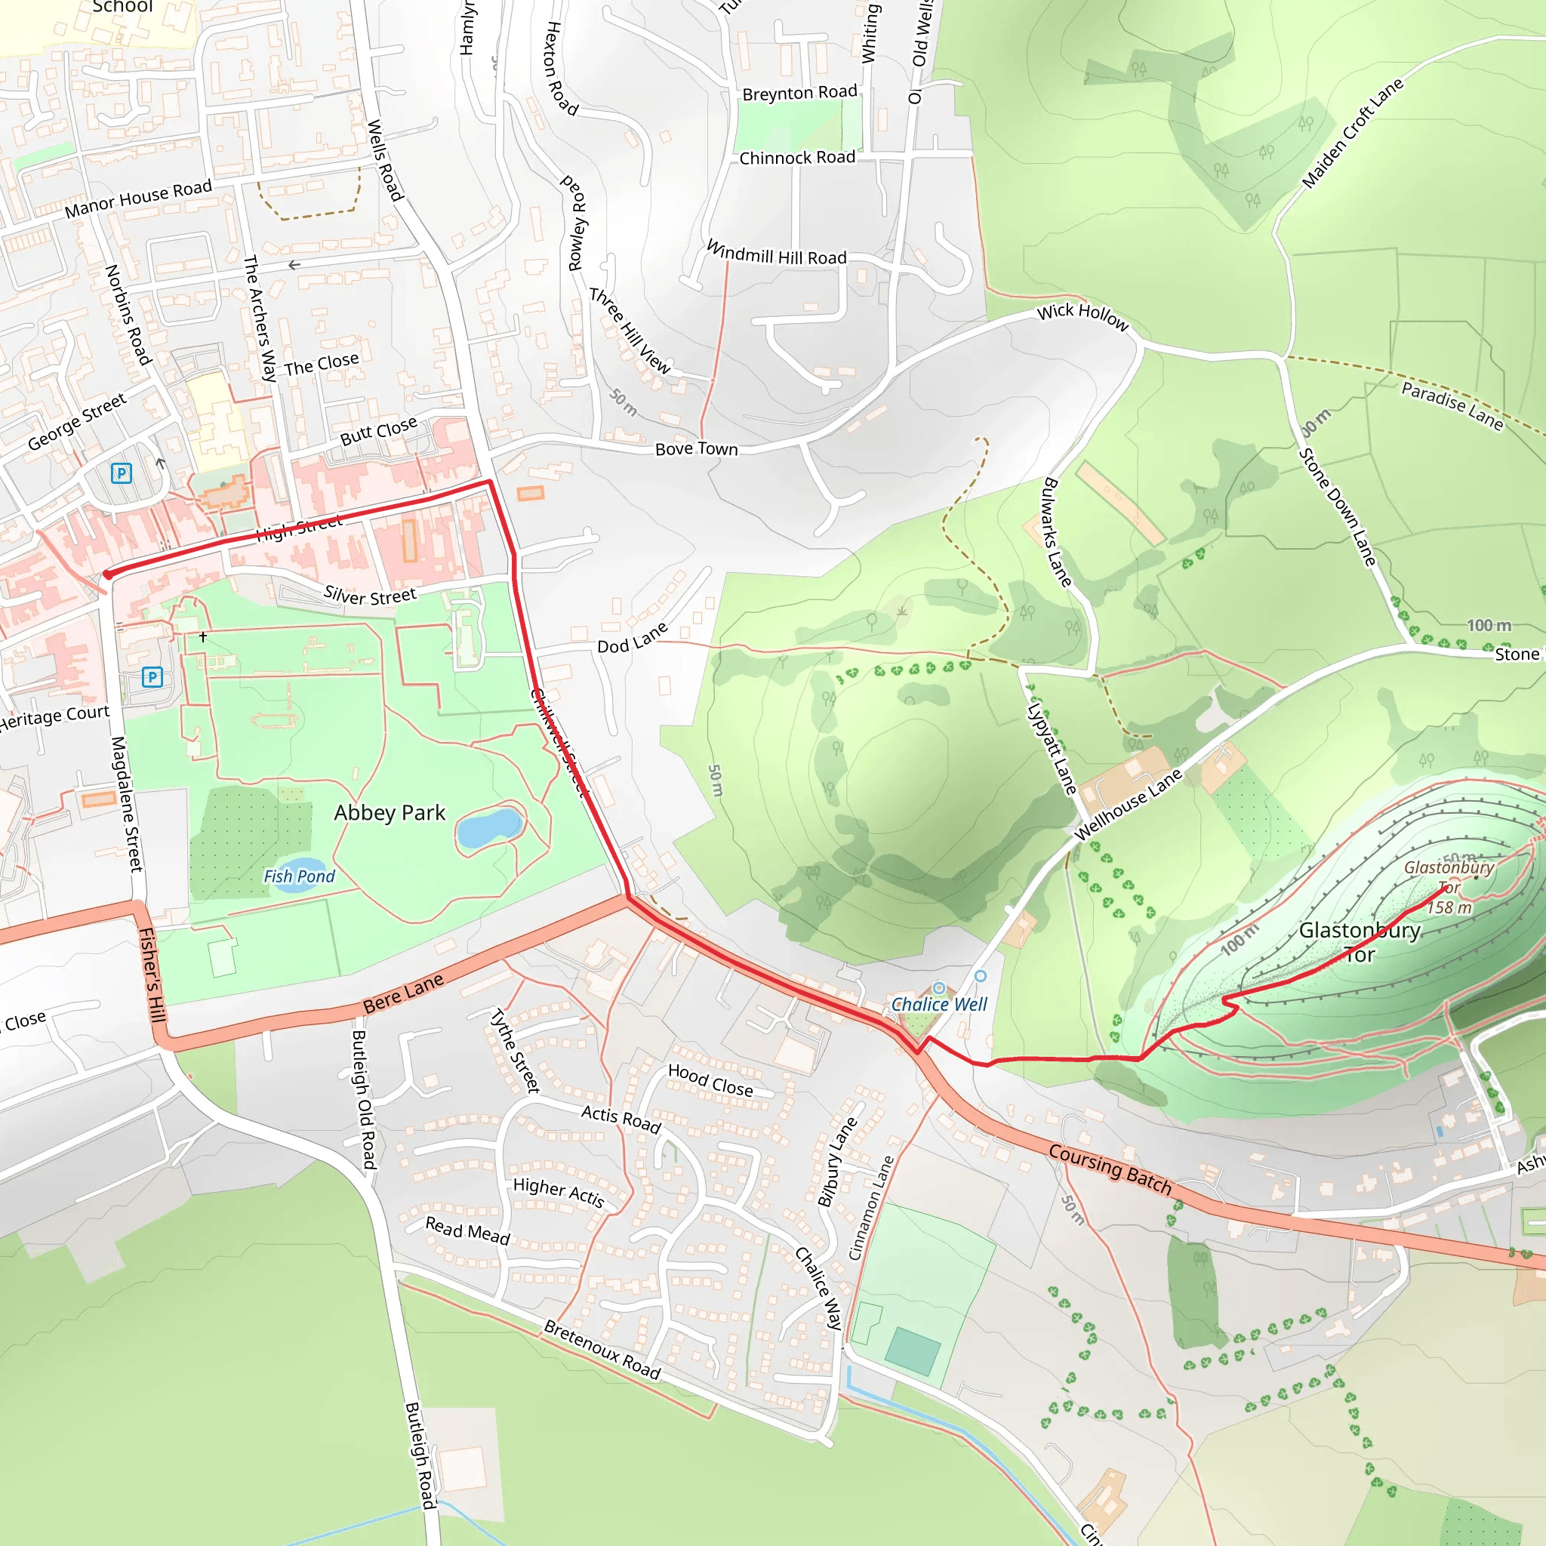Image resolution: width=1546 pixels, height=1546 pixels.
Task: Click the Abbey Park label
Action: [389, 813]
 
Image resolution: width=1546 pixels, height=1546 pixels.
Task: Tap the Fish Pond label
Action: [299, 876]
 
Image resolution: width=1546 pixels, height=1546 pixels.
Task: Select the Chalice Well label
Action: [939, 1004]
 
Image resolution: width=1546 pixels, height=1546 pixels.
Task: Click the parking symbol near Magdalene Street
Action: [152, 677]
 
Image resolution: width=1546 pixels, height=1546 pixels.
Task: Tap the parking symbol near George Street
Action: [121, 473]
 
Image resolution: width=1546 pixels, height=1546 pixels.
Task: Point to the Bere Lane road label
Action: [402, 994]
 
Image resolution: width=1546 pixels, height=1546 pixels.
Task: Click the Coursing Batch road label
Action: [1110, 1169]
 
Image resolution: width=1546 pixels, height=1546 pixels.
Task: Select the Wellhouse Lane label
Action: [1129, 804]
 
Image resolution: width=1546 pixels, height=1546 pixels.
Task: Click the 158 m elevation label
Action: [1450, 907]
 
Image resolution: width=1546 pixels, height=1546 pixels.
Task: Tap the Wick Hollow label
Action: [1082, 316]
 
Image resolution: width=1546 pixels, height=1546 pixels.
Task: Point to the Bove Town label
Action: [696, 449]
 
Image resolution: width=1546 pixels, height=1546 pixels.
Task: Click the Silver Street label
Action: [370, 596]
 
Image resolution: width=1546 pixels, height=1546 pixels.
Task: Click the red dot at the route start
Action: [108, 574]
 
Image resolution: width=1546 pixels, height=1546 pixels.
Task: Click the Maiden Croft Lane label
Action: [1352, 134]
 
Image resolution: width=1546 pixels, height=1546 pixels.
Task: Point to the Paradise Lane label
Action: [1452, 405]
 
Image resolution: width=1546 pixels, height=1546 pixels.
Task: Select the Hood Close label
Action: [710, 1080]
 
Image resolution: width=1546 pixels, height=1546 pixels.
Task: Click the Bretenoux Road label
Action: [602, 1350]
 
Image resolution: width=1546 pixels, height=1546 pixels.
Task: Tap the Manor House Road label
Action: [138, 199]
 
